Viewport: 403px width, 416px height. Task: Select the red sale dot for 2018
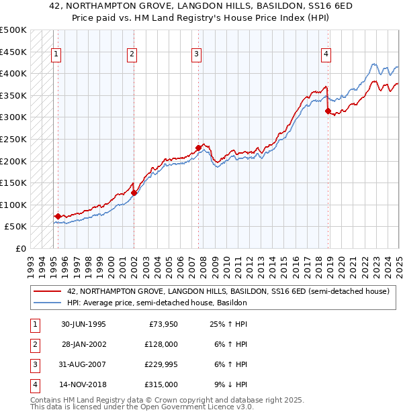pyautogui.click(x=328, y=111)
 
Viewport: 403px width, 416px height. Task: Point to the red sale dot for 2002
pyautogui.click(x=134, y=193)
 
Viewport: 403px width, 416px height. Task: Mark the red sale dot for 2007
pyautogui.click(x=198, y=148)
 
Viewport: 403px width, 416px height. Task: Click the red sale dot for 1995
pyautogui.click(x=58, y=216)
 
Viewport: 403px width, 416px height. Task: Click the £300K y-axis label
pyautogui.click(x=13, y=117)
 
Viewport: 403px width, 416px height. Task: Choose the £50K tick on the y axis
pyautogui.click(x=16, y=227)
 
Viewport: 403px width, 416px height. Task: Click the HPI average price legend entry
pyautogui.click(x=156, y=303)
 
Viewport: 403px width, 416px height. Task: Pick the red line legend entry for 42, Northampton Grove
pyautogui.click(x=228, y=291)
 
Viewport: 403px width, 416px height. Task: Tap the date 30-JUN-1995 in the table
pyautogui.click(x=83, y=324)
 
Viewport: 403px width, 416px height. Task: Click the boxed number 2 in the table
pyautogui.click(x=33, y=344)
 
